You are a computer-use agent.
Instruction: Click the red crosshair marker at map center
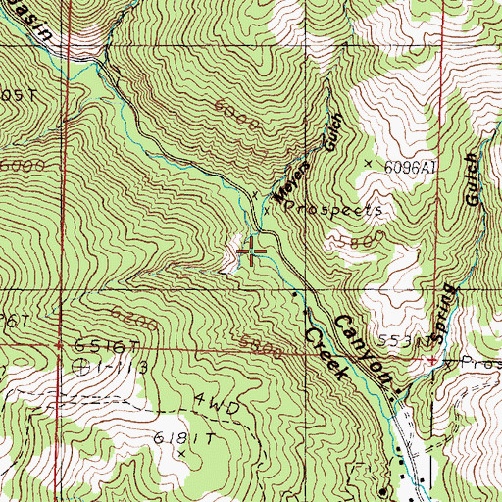[252, 253]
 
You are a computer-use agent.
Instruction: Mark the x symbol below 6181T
[182, 454]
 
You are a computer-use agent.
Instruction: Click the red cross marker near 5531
[432, 361]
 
